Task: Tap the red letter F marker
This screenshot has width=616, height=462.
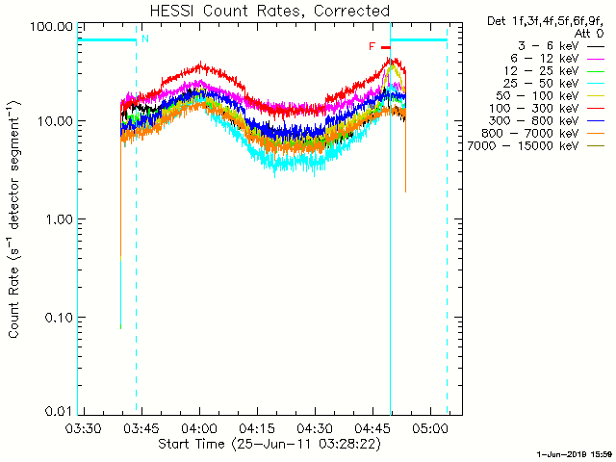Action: click(x=372, y=46)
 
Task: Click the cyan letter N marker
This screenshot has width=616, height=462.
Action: click(x=145, y=38)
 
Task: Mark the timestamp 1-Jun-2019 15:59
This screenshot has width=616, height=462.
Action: click(x=575, y=452)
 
